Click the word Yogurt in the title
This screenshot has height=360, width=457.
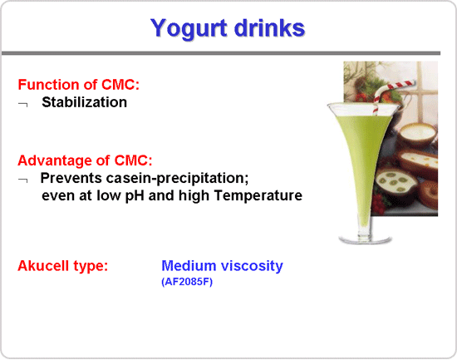pos(189,28)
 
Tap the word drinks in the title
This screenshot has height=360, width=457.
pos(269,27)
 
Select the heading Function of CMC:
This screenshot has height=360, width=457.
pos(79,85)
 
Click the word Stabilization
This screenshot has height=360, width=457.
pos(84,102)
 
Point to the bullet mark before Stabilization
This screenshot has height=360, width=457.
pos(22,104)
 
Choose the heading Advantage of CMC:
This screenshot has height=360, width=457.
pos(85,160)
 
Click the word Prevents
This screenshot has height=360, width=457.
pos(71,178)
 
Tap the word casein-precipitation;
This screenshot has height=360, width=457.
pos(177,178)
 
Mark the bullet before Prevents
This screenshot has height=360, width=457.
pos(22,180)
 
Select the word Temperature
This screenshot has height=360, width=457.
pos(258,195)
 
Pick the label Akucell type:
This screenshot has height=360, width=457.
pos(62,266)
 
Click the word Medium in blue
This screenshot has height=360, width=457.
pos(189,266)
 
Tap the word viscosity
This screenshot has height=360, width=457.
pos(252,266)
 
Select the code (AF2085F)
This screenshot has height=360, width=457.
pos(187,282)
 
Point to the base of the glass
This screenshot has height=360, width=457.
pos(365,239)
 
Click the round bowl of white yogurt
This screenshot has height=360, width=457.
pos(417,134)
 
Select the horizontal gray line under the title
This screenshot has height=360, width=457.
pos(221,53)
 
